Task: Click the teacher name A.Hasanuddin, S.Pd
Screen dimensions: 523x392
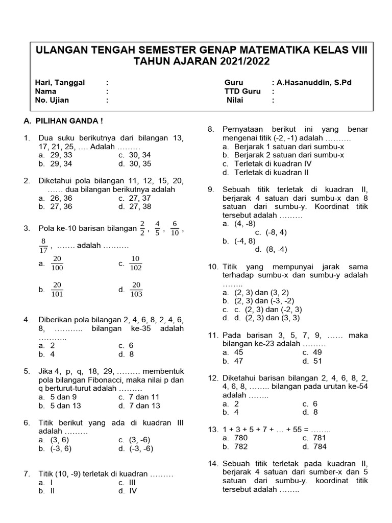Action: tap(316, 82)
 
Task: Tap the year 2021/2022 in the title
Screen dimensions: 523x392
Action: tap(236, 62)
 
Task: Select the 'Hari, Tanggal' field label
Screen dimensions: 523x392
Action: tap(60, 82)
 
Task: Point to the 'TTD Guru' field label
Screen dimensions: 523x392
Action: tap(242, 91)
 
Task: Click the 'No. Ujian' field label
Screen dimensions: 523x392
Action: tap(52, 100)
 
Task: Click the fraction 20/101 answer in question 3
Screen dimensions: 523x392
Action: tap(57, 289)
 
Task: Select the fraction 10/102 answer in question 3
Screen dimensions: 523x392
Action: tap(136, 263)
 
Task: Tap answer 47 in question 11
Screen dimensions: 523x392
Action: tap(238, 361)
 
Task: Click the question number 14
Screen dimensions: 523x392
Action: tap(213, 463)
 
